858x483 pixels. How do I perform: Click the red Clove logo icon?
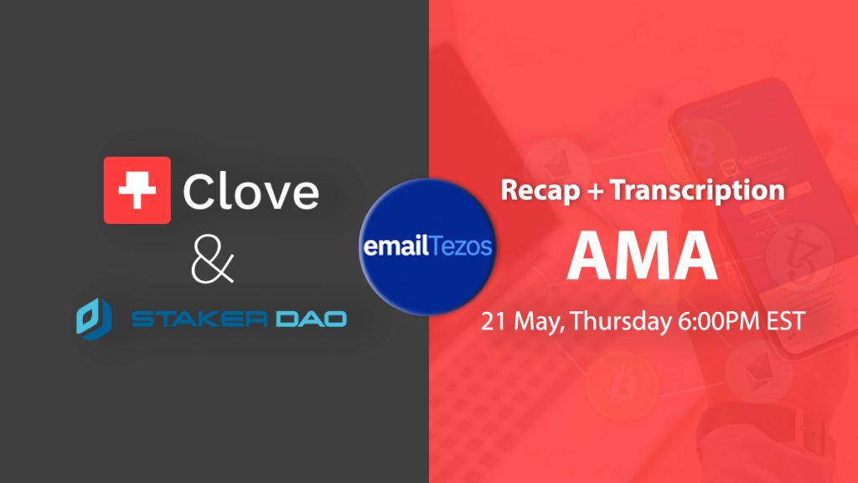(137, 190)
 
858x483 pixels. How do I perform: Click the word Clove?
(251, 191)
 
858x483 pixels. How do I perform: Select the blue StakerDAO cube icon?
(94, 318)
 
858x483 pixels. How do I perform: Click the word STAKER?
(199, 319)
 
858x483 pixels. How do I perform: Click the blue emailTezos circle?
(427, 247)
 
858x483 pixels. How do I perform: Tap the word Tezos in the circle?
(460, 247)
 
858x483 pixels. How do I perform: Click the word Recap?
(540, 191)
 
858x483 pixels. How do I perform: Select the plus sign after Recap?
(595, 191)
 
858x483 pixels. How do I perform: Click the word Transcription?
(698, 191)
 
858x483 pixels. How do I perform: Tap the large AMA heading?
(643, 257)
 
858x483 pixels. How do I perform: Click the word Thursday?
(622, 321)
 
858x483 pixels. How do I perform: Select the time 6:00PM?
(720, 321)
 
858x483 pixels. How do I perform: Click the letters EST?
(786, 321)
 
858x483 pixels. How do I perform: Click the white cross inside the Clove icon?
(137, 190)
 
